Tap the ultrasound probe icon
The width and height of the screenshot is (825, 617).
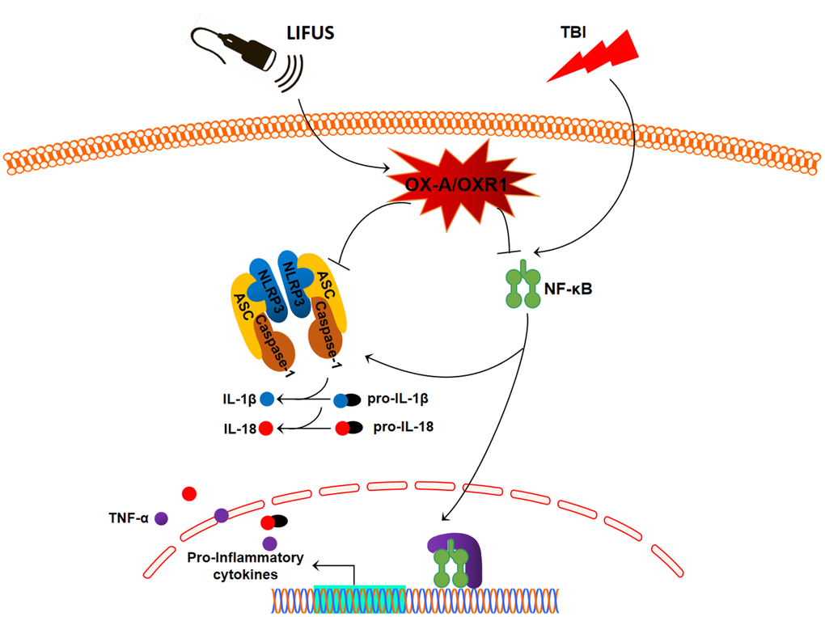pyautogui.click(x=243, y=52)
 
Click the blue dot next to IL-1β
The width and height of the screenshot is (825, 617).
pyautogui.click(x=268, y=399)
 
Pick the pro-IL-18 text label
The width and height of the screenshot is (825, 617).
pyautogui.click(x=403, y=426)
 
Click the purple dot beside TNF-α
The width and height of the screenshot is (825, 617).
pyautogui.click(x=161, y=518)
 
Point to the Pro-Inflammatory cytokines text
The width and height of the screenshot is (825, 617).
pyautogui.click(x=245, y=566)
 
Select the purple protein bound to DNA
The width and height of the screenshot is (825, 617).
pyautogui.click(x=468, y=558)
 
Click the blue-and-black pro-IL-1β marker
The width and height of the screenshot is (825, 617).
pyautogui.click(x=348, y=399)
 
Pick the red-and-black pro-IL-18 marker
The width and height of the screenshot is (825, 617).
pyautogui.click(x=349, y=428)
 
